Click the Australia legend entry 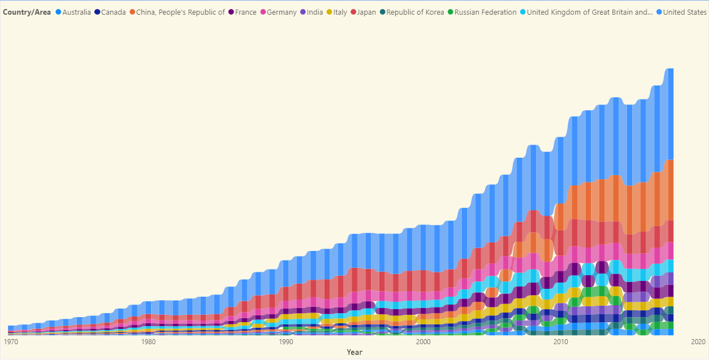(76, 12)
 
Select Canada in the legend (113, 12)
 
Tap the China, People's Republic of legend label (180, 12)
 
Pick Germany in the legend (281, 12)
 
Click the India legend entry (315, 12)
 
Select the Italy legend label (340, 12)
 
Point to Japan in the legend (366, 12)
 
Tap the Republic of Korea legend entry (416, 12)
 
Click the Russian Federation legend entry (485, 12)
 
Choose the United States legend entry (684, 12)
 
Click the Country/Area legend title (27, 12)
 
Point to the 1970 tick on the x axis (11, 342)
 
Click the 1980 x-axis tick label (148, 342)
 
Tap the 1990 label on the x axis (286, 342)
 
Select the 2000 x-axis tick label (423, 342)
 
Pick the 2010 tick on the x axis (560, 342)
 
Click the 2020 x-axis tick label (698, 342)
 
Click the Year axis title (354, 353)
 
